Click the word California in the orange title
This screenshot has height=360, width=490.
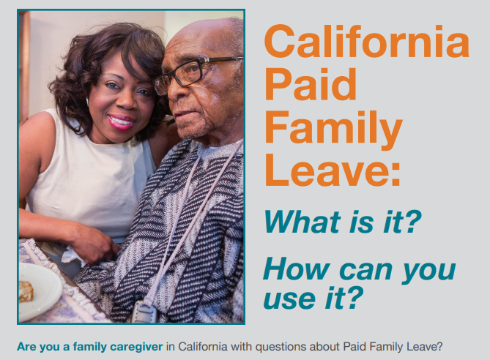365,42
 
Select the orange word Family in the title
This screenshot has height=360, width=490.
333,129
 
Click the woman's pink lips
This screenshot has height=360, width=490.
119,121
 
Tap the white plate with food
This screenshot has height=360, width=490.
37,291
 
